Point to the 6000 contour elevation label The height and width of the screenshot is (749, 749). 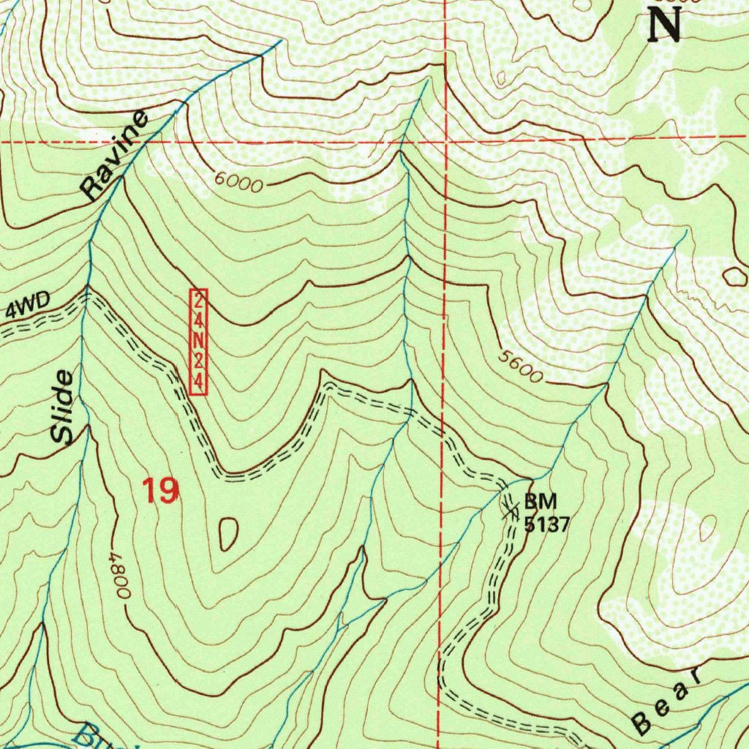239,182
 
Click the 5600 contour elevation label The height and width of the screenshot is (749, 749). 521,366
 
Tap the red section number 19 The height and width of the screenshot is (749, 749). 160,491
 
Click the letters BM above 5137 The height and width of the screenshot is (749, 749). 541,502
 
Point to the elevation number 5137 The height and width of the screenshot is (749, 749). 545,524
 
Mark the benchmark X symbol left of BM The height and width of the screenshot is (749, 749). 510,511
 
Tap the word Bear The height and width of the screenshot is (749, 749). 666,701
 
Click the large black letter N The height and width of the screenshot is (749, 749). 664,25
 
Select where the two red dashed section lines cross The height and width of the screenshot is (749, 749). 444,140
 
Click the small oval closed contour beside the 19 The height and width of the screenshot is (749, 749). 228,534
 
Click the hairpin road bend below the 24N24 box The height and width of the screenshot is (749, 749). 227,477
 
